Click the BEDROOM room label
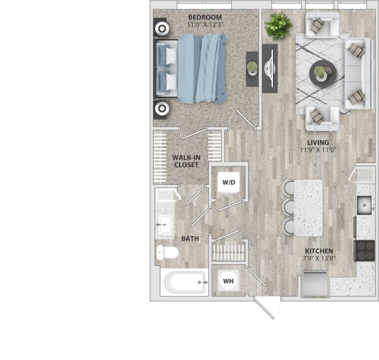(x=206, y=18)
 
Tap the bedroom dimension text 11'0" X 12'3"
(x=206, y=25)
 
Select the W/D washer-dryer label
(x=228, y=183)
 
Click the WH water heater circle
(x=228, y=281)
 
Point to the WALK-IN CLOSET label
(x=186, y=161)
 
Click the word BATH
(x=190, y=238)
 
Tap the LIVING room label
(x=318, y=143)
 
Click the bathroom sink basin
(x=165, y=225)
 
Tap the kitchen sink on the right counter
(x=364, y=204)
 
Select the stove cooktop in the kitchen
(x=365, y=251)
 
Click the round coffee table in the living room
(x=322, y=73)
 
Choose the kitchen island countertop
(x=308, y=207)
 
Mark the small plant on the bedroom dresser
(x=252, y=68)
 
